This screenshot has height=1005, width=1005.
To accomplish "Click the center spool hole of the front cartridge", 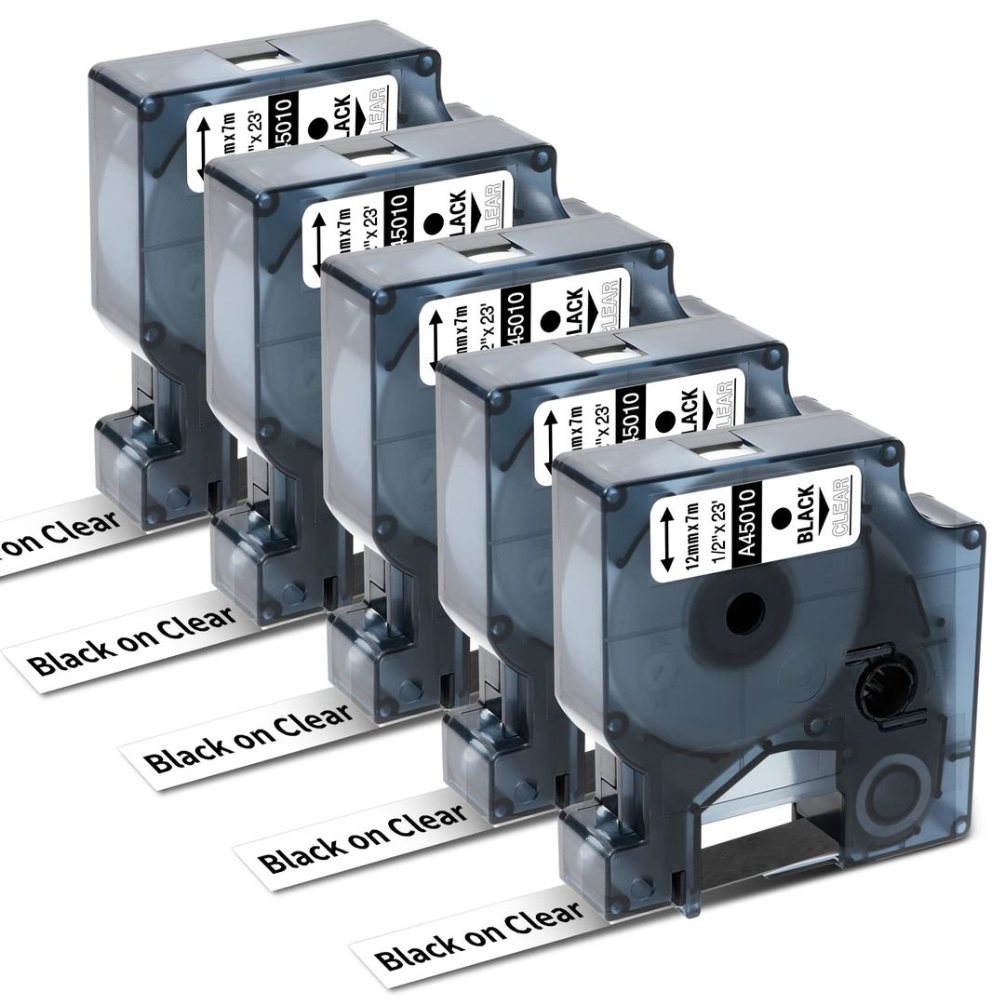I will pos(744,614).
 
